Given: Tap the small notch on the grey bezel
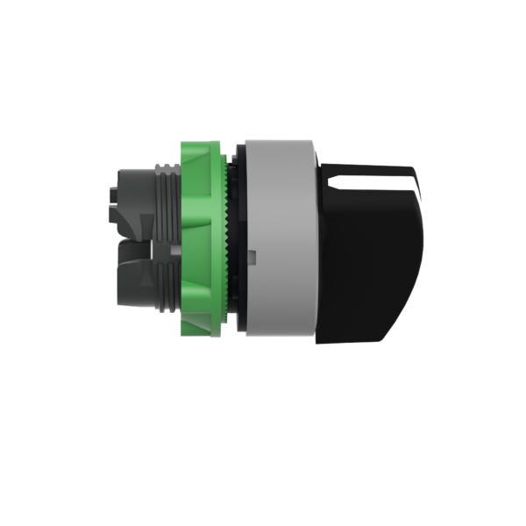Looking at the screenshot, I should (x=252, y=255).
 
